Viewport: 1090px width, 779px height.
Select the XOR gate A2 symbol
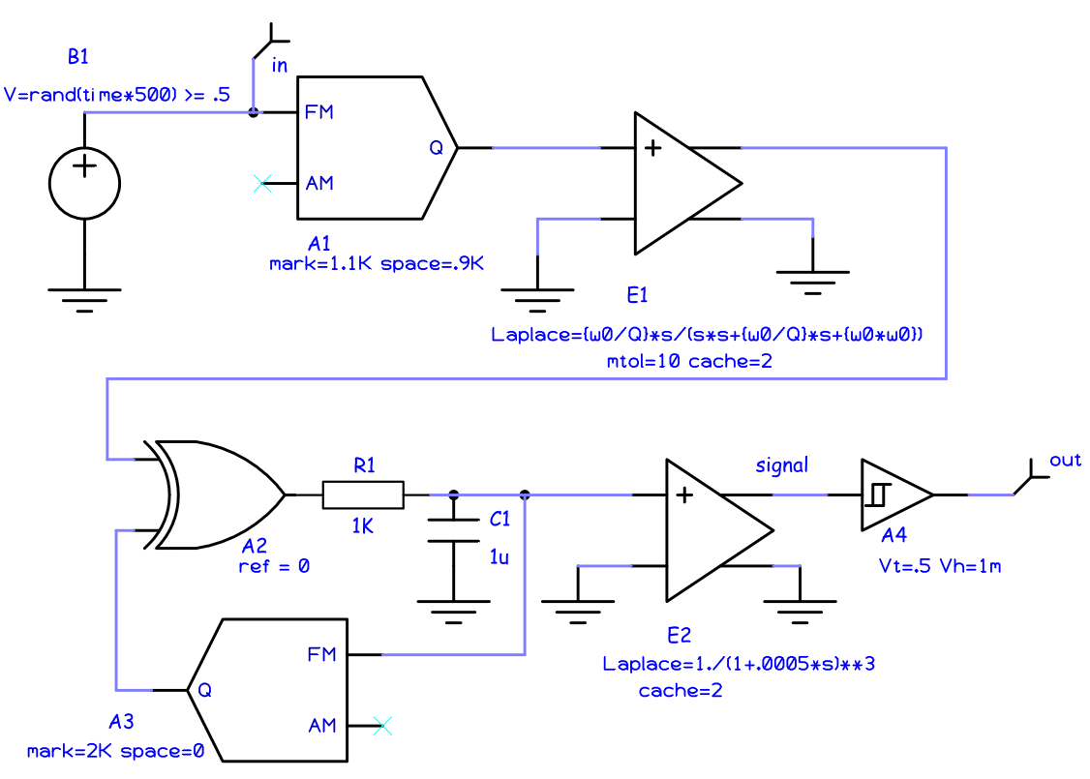218,494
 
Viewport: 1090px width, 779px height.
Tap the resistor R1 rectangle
363,494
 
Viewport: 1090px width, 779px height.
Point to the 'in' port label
280,66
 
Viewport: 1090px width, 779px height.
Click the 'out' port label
1065,460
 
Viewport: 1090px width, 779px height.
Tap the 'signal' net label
781,465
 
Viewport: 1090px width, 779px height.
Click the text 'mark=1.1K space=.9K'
376,262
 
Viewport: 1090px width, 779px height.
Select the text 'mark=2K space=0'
115,750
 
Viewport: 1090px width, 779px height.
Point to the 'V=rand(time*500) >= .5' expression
117,95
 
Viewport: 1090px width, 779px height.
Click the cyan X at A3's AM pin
382,724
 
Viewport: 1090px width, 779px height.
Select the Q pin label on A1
436,148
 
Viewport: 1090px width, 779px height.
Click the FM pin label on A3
321,654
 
